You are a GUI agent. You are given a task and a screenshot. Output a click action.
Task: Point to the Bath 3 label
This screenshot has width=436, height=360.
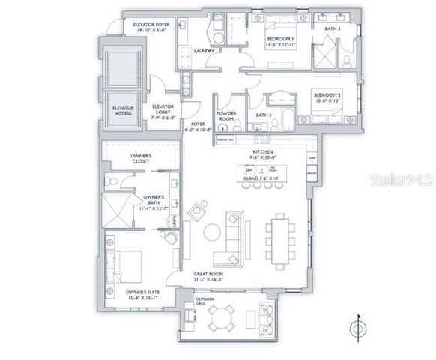click(333, 28)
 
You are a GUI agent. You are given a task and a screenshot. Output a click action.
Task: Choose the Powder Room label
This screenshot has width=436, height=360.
click(227, 117)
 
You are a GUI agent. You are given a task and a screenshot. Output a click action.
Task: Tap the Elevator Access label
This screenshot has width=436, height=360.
click(123, 110)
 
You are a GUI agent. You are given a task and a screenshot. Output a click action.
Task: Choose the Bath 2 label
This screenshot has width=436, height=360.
click(263, 115)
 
